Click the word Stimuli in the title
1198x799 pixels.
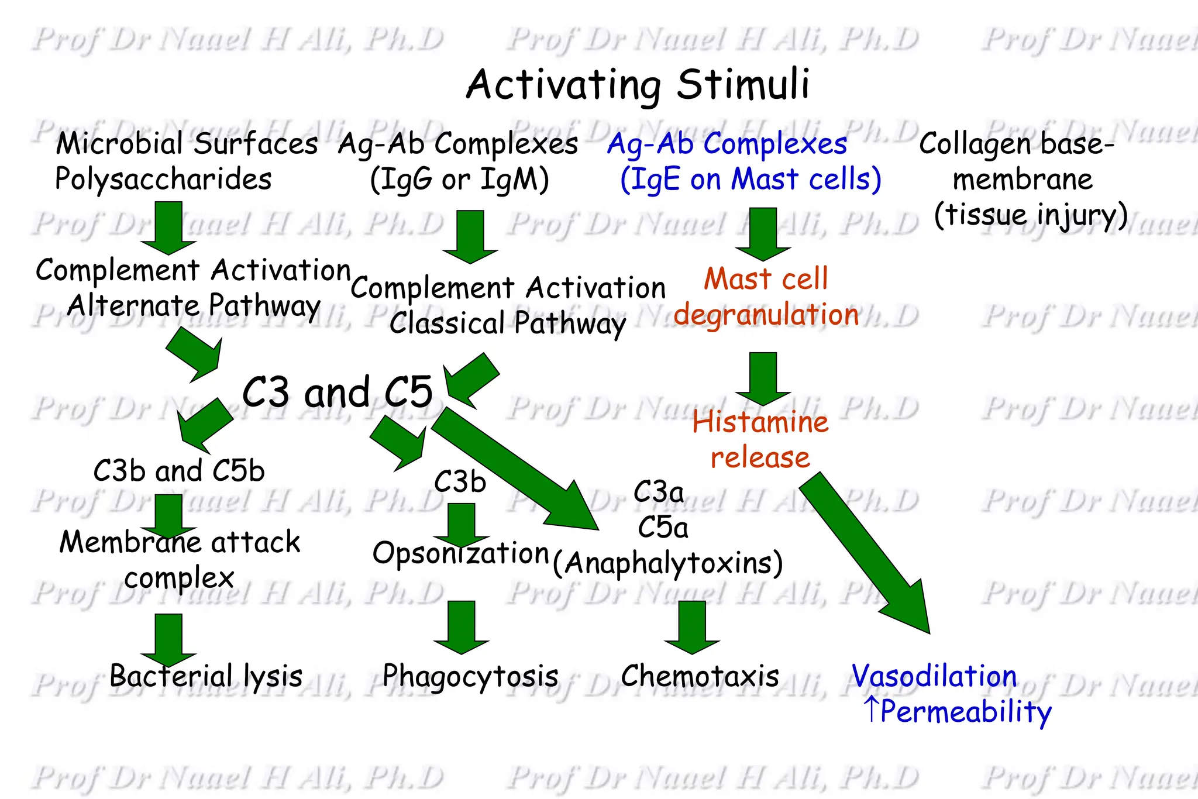coord(743,85)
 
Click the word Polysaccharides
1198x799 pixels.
coord(163,179)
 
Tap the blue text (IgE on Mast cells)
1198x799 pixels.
coord(751,180)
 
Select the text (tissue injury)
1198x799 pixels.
coord(1031,215)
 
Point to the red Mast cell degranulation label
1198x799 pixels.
coord(766,297)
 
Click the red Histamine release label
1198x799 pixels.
coord(760,439)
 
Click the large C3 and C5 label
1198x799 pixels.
coord(338,392)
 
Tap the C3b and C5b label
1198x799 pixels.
coord(179,471)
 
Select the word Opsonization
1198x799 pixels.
coord(461,553)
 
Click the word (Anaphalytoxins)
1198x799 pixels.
coord(667,563)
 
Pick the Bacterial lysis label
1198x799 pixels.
coord(206,676)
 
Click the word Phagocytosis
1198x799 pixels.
coord(470,676)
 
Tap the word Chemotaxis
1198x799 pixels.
coord(700,676)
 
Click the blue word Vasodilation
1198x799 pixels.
coord(934,676)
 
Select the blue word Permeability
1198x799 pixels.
coord(965,712)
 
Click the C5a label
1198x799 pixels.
coord(663,528)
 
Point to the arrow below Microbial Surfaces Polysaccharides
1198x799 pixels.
coord(168,228)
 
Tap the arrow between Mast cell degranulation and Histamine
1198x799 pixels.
coord(763,378)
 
